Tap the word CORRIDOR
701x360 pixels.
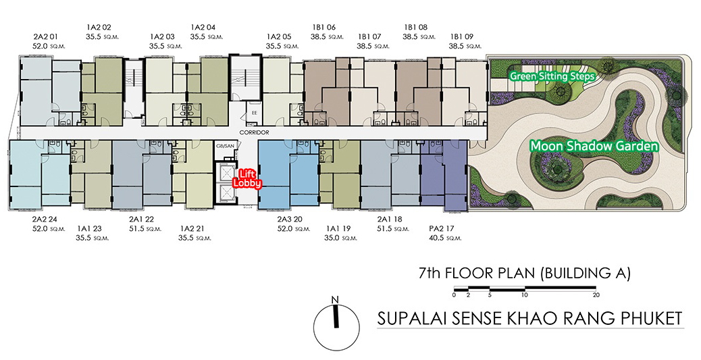pyautogui.click(x=255, y=133)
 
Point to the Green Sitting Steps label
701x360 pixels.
pyautogui.click(x=552, y=76)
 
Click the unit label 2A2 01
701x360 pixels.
pyautogui.click(x=45, y=36)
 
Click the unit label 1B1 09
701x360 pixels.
pyautogui.click(x=461, y=36)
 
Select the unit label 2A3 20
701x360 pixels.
pyautogui.click(x=290, y=220)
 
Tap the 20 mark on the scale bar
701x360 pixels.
pyautogui.click(x=596, y=295)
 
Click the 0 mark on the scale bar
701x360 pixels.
pyautogui.click(x=454, y=295)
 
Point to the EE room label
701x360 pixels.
pyautogui.click(x=255, y=113)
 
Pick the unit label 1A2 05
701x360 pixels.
pyautogui.click(x=279, y=36)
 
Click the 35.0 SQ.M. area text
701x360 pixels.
pyautogui.click(x=342, y=238)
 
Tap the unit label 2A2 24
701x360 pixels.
pyautogui.click(x=45, y=220)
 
